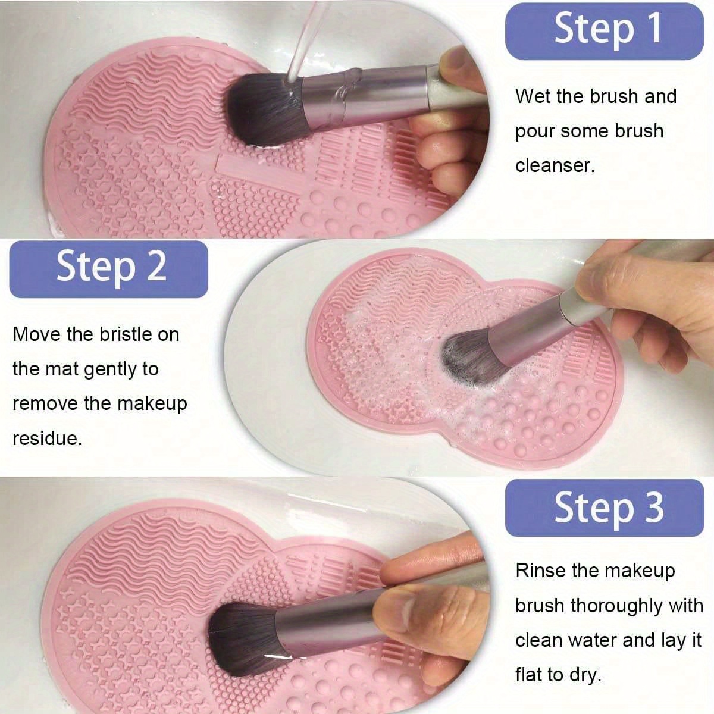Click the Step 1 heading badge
click(x=604, y=30)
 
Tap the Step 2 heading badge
click(x=109, y=268)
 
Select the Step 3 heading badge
click(x=604, y=508)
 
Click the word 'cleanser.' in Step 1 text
click(x=555, y=165)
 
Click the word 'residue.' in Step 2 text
click(x=47, y=439)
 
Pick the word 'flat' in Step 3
click(x=529, y=675)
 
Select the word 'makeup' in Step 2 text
click(x=152, y=404)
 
